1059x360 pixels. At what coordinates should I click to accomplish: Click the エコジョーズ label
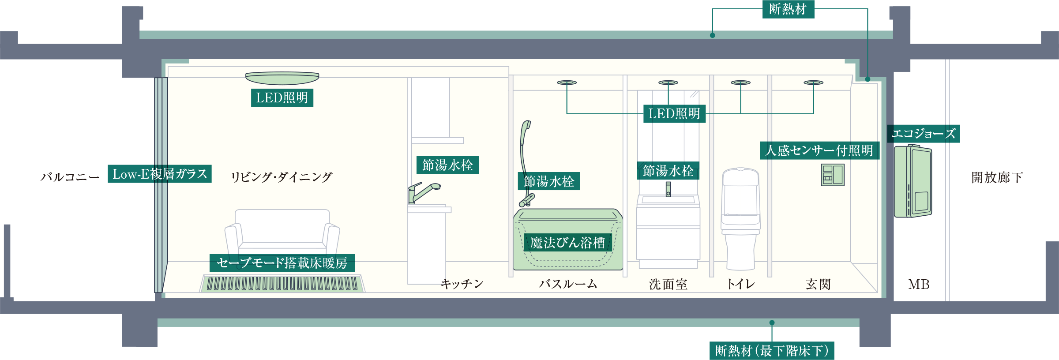coord(923,133)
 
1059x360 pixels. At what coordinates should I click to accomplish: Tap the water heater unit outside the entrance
coord(913,181)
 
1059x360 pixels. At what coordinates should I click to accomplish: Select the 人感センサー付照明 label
coord(819,150)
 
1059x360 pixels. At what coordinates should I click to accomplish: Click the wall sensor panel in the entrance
coord(832,174)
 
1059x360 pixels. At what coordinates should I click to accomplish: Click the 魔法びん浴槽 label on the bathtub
coord(567,243)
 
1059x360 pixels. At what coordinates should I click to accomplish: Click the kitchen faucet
coord(423,192)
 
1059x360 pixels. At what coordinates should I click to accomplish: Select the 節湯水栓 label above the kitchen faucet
coord(447,165)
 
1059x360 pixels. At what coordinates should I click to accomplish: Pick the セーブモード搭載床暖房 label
coord(282,263)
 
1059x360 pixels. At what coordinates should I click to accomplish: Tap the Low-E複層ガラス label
coord(160,174)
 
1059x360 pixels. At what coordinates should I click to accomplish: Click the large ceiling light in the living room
coord(282,79)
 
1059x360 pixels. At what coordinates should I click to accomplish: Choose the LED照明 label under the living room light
coord(282,97)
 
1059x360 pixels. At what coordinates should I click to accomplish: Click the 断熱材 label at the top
coord(788,9)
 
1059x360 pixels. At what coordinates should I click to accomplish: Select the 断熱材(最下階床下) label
coord(772,351)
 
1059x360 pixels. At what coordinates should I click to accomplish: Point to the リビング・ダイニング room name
coord(282,177)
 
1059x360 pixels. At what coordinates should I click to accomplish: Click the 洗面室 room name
coord(668,285)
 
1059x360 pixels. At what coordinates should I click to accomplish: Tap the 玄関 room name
coord(818,285)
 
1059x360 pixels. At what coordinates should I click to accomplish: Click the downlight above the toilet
coord(740,82)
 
